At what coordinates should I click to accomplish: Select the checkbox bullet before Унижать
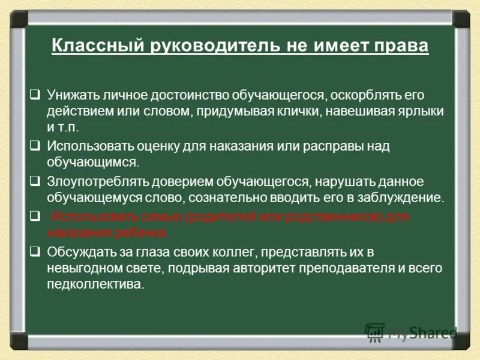pyautogui.click(x=35, y=94)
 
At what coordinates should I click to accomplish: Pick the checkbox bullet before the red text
pyautogui.click(x=35, y=215)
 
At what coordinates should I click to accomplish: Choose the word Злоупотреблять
pyautogui.click(x=95, y=181)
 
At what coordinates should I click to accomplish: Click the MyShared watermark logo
pyautogui.click(x=411, y=332)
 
